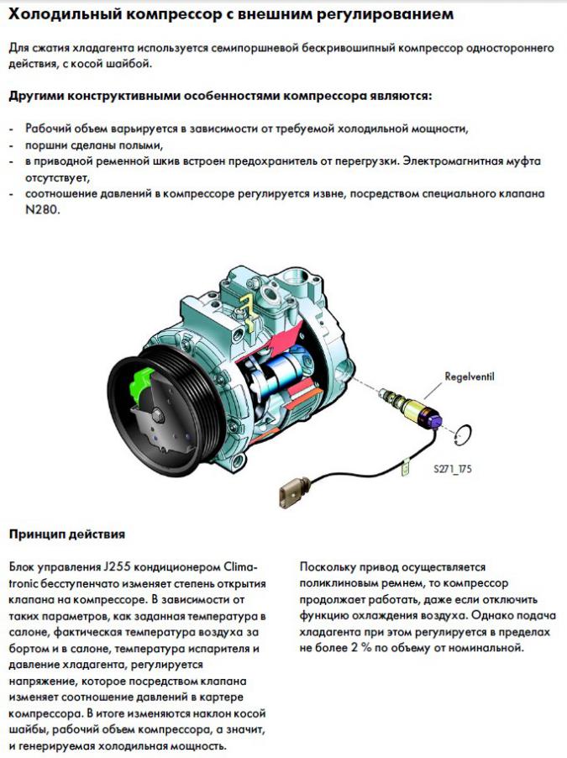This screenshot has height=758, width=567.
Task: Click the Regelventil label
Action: point(470,376)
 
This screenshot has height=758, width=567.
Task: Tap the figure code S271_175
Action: point(453,468)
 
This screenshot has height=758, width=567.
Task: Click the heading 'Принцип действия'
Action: point(67,534)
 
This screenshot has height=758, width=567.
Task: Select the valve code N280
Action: point(43,210)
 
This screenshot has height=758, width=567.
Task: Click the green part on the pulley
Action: point(140,383)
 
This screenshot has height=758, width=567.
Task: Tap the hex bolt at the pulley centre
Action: point(157,416)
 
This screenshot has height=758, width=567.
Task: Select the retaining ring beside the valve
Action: point(464,434)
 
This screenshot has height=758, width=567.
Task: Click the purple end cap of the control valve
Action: point(433,419)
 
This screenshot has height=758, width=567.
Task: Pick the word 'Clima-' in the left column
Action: point(241,566)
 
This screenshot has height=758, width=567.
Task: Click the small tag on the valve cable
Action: point(405,467)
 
